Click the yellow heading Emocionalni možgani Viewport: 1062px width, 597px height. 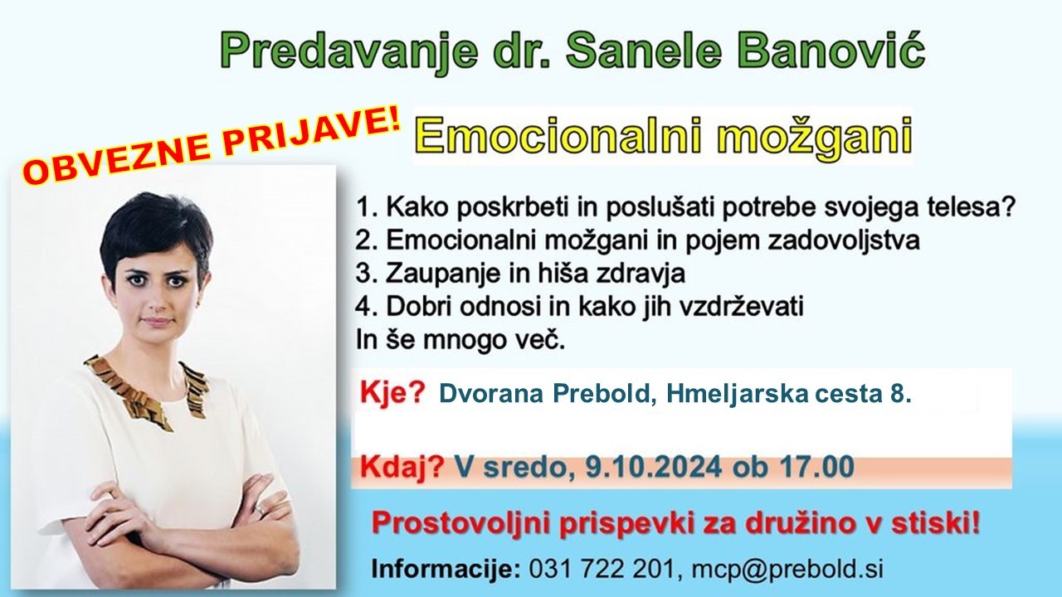[x=663, y=134]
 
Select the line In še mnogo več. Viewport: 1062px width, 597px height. [x=460, y=340]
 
